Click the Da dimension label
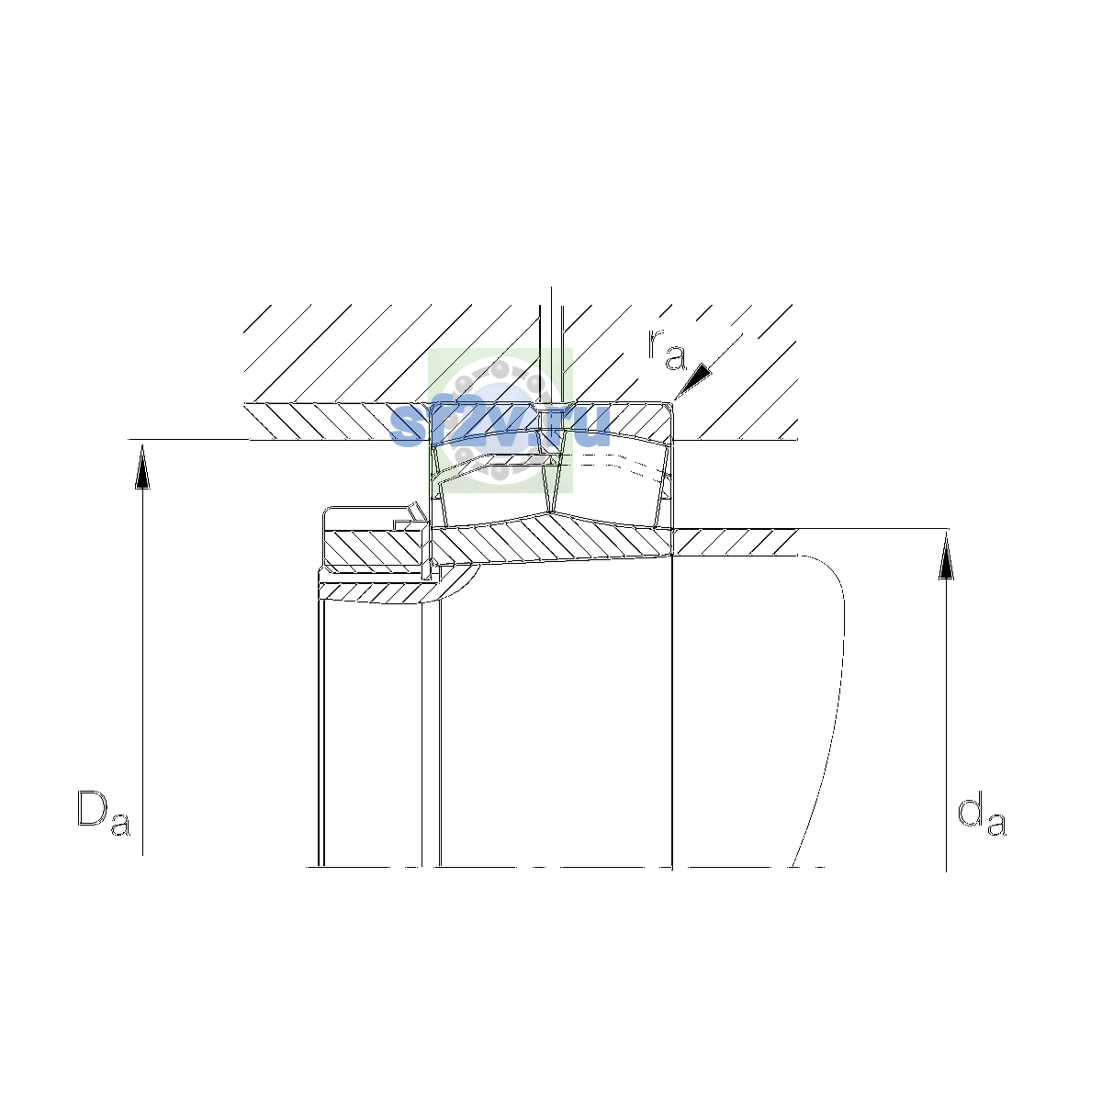pyautogui.click(x=104, y=812)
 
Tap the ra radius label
pyautogui.click(x=666, y=349)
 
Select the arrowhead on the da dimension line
pyautogui.click(x=947, y=557)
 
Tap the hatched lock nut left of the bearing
pyautogui.click(x=375, y=547)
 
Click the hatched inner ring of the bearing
pyautogui.click(x=552, y=539)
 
